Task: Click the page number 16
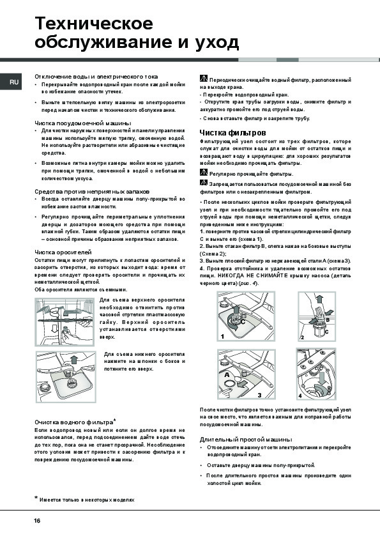(x=37, y=521)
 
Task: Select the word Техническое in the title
(x=94, y=24)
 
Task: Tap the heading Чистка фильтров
(x=233, y=133)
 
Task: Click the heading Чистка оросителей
(x=63, y=252)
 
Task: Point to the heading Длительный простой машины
(x=246, y=439)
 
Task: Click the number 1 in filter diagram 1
(x=222, y=337)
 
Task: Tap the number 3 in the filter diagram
(x=260, y=396)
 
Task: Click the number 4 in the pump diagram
(x=300, y=396)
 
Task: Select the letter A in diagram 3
(x=227, y=375)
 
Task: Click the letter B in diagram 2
(x=328, y=319)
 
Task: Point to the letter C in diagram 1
(x=243, y=322)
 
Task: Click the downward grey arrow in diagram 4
(x=323, y=380)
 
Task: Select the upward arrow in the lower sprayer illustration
(x=73, y=360)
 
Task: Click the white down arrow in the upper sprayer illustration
(x=54, y=328)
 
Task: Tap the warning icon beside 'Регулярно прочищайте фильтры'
(x=203, y=173)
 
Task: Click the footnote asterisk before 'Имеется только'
(x=36, y=498)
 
